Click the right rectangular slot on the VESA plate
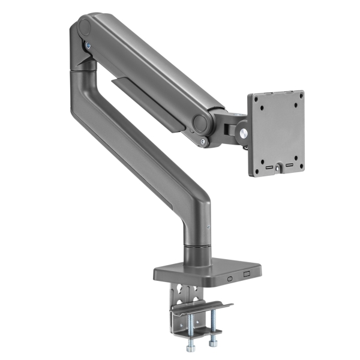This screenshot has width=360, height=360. pyautogui.click(x=290, y=163)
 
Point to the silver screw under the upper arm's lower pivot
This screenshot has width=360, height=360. pyautogui.click(x=205, y=142)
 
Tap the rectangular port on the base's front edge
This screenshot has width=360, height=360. pyautogui.click(x=247, y=274)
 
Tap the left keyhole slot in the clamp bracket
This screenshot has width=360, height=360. pyautogui.click(x=183, y=294)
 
